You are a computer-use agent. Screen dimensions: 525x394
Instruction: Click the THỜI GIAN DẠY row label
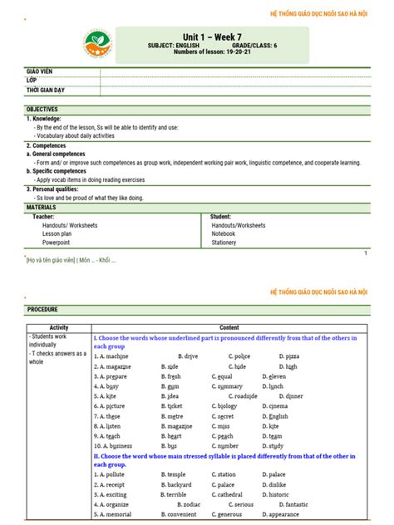(x=46, y=89)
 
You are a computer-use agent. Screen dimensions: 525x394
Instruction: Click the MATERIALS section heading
(x=41, y=207)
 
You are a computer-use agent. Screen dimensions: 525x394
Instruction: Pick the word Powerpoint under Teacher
(x=57, y=243)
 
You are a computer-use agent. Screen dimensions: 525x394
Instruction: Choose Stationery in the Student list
(x=224, y=243)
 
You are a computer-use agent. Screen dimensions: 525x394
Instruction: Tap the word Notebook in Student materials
(x=224, y=233)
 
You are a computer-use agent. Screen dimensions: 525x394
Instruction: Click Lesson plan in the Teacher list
(x=58, y=233)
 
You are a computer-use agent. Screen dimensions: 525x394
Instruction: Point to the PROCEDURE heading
(x=42, y=309)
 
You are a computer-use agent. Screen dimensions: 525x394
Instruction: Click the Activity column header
(x=59, y=327)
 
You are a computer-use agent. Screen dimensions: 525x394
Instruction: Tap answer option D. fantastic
(x=288, y=504)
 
